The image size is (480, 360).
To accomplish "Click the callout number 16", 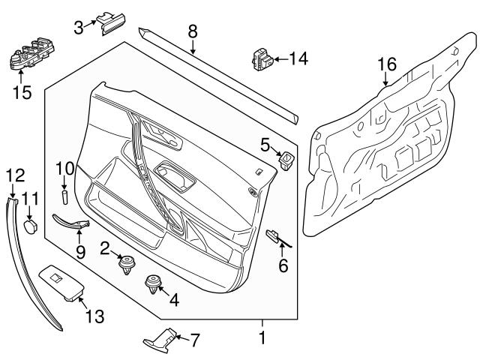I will (385, 64).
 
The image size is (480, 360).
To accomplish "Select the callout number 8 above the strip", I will (193, 31).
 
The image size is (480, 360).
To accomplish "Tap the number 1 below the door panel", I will (262, 338).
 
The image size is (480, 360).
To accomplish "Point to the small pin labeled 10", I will (64, 196).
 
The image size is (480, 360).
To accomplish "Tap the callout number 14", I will (299, 57).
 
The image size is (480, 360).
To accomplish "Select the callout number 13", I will (94, 316).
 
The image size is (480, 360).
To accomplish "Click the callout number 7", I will (194, 340).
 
